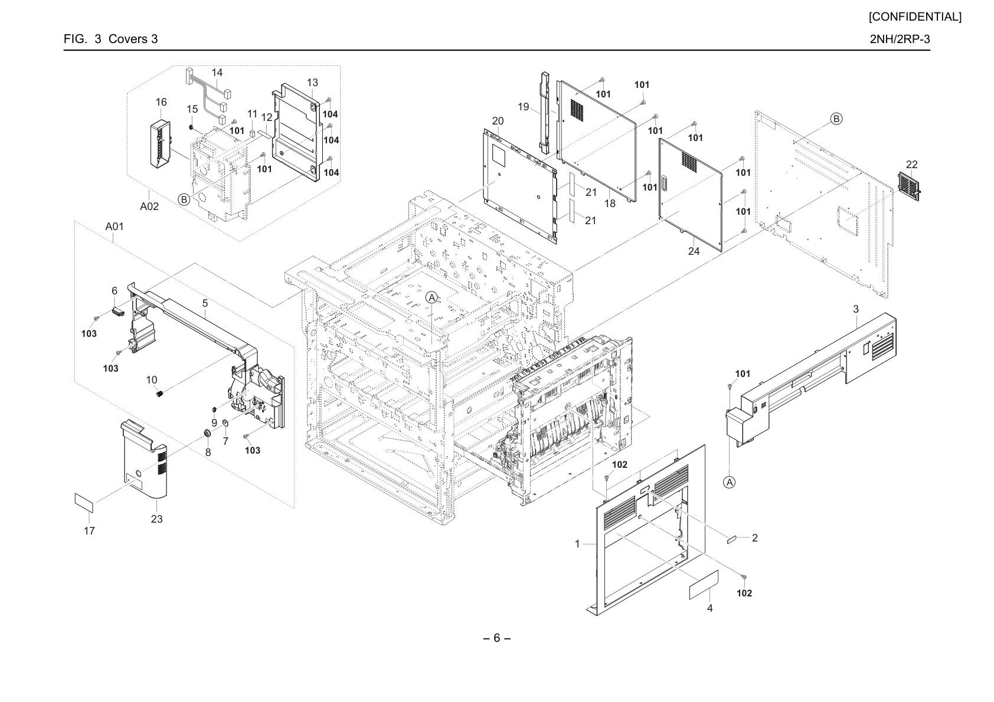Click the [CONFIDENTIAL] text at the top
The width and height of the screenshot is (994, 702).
click(915, 17)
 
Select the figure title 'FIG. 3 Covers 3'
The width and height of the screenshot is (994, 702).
click(110, 39)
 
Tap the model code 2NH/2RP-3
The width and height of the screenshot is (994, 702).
click(900, 39)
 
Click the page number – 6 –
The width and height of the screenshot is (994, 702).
click(496, 638)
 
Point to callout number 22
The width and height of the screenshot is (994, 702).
click(911, 164)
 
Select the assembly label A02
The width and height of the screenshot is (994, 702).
click(149, 206)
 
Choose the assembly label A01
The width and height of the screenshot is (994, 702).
click(115, 226)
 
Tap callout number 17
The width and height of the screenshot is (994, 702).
click(89, 531)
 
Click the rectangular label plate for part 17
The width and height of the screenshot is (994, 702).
click(84, 503)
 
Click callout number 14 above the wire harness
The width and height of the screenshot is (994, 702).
click(217, 73)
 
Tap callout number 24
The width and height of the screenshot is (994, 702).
click(694, 251)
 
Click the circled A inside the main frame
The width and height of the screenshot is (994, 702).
click(431, 297)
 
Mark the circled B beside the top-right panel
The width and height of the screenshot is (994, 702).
click(836, 119)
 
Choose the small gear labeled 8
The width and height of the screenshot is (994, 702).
click(207, 434)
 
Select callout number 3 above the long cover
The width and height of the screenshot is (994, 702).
click(855, 309)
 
